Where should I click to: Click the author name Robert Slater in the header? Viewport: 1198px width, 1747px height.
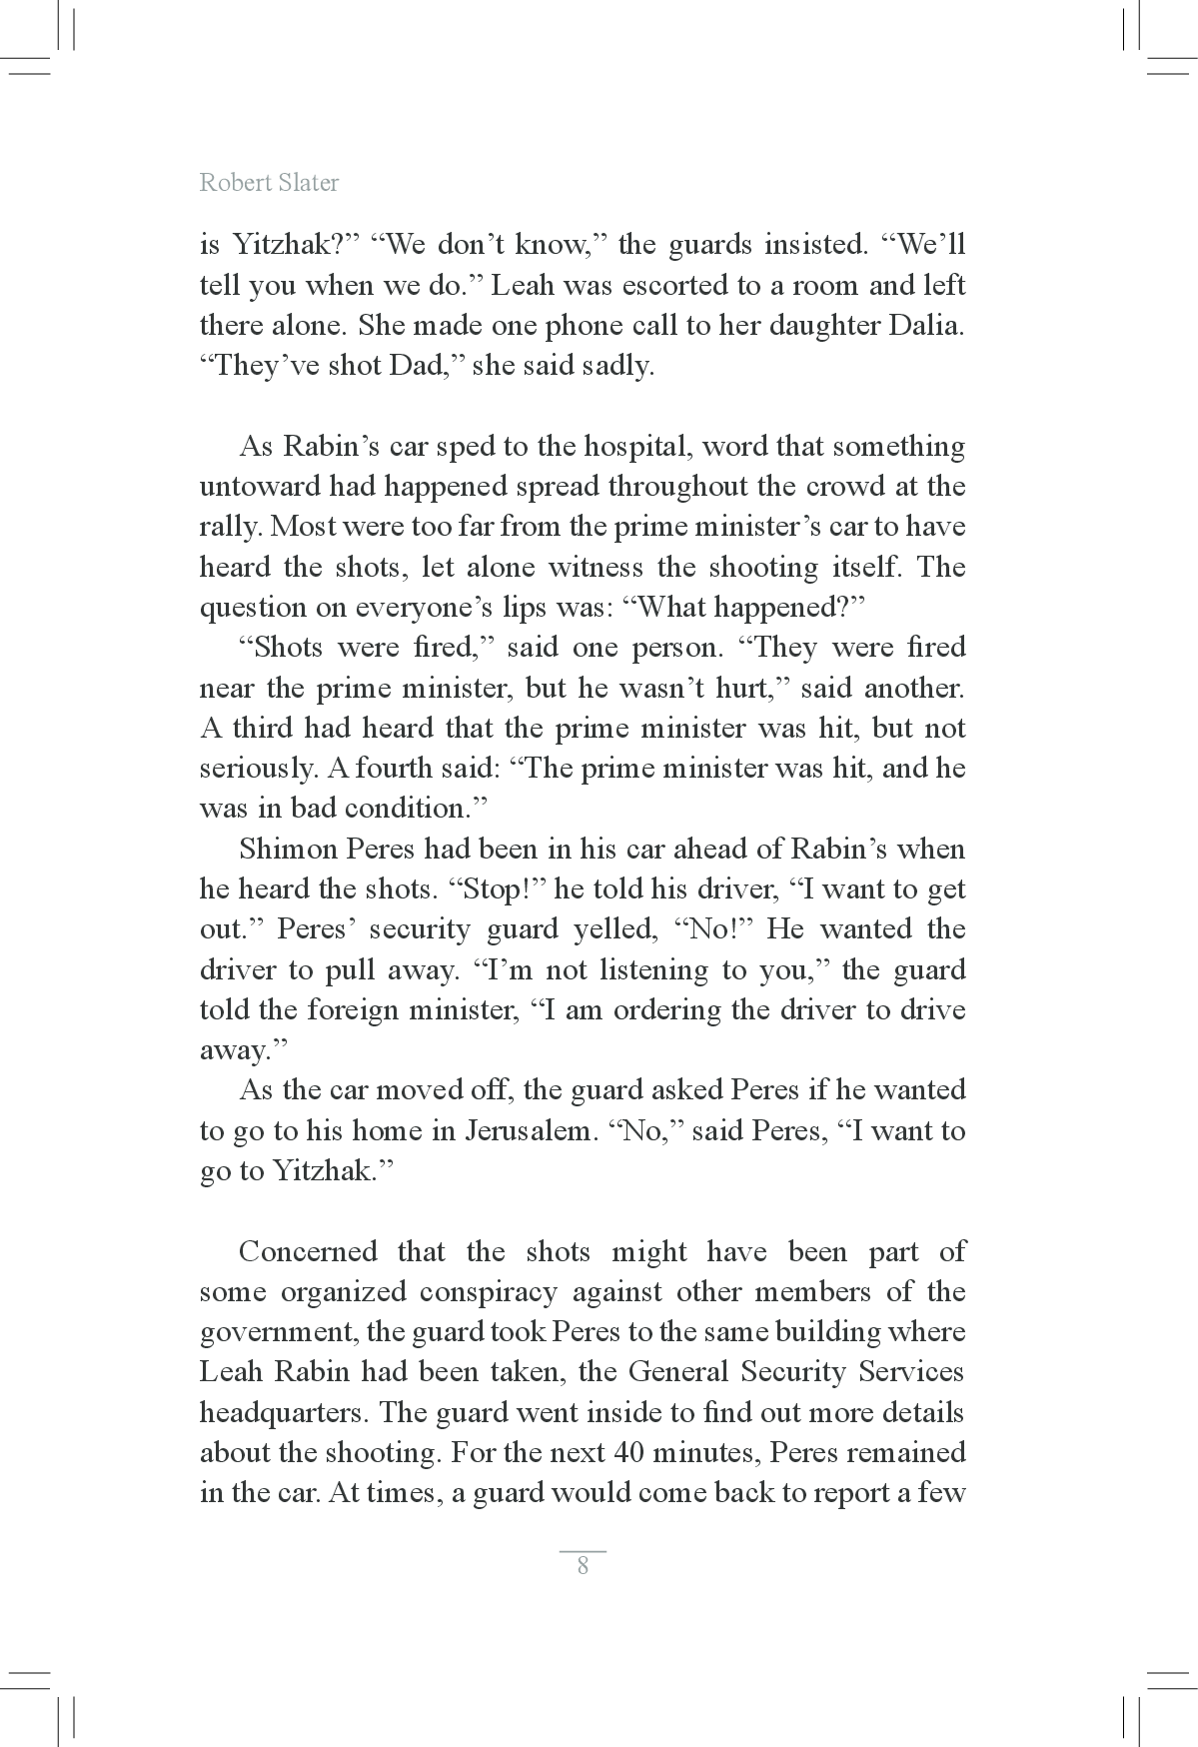[x=269, y=182]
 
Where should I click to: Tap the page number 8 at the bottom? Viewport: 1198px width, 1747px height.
[x=583, y=1565]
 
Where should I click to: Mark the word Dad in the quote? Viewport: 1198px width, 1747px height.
[x=417, y=366]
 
